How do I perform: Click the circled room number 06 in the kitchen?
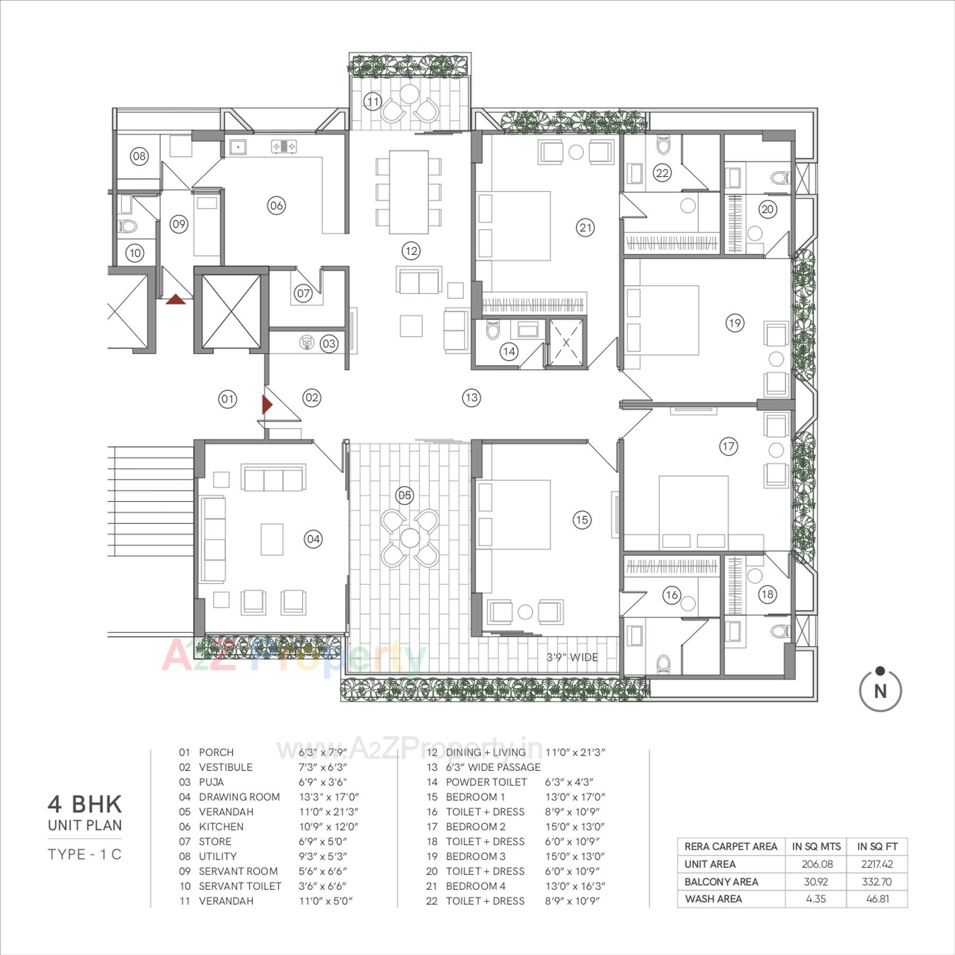276,205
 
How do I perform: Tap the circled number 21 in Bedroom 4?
585,228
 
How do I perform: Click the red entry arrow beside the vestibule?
267,405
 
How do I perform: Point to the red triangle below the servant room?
176,300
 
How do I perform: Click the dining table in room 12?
409,192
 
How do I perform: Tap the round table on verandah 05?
410,538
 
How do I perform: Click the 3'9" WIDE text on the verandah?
572,657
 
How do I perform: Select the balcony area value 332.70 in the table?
877,881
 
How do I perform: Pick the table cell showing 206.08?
817,864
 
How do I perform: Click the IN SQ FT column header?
877,846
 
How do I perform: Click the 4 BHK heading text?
85,804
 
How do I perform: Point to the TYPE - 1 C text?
85,854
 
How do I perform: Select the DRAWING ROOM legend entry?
239,797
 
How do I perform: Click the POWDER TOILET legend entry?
486,782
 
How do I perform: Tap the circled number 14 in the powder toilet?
509,351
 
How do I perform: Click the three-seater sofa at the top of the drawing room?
273,478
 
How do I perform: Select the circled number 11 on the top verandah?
373,101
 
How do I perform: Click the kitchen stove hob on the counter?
283,146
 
